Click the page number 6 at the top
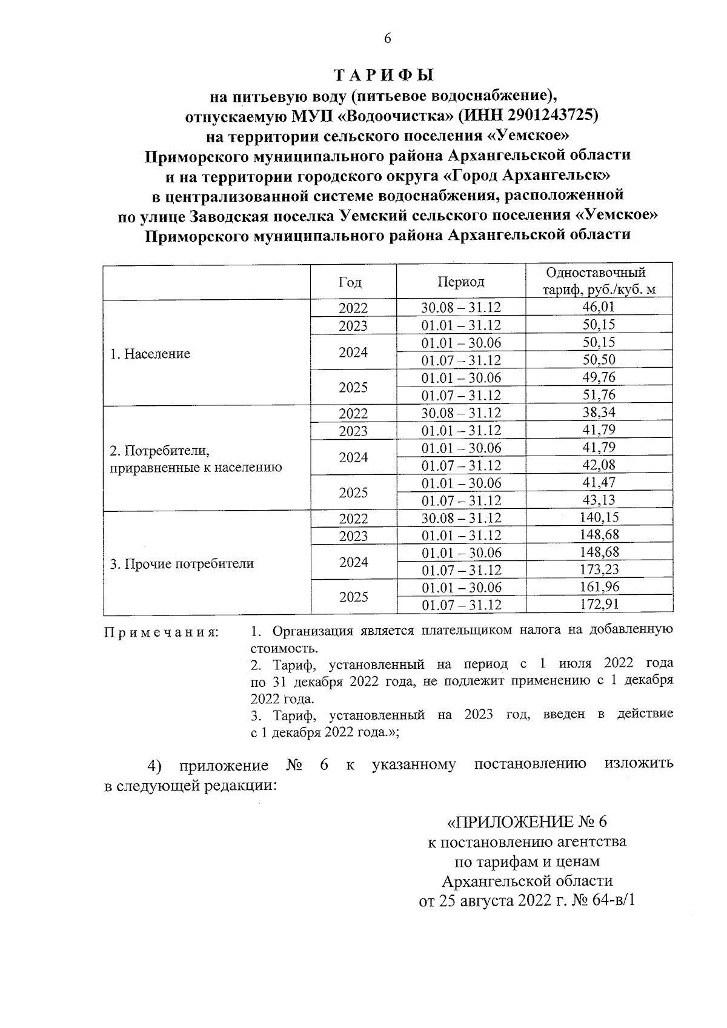(x=388, y=39)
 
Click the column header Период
(x=461, y=282)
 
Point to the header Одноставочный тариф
(x=599, y=281)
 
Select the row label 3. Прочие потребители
(x=181, y=564)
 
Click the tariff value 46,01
(x=599, y=307)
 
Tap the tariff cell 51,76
(x=599, y=395)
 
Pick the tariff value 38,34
(x=599, y=413)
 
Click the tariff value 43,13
(x=599, y=500)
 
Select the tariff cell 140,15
(x=599, y=517)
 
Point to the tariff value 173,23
(x=599, y=570)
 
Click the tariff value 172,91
(x=599, y=605)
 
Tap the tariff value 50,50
(x=599, y=360)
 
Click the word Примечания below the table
(x=162, y=632)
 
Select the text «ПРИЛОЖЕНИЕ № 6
(x=526, y=822)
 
